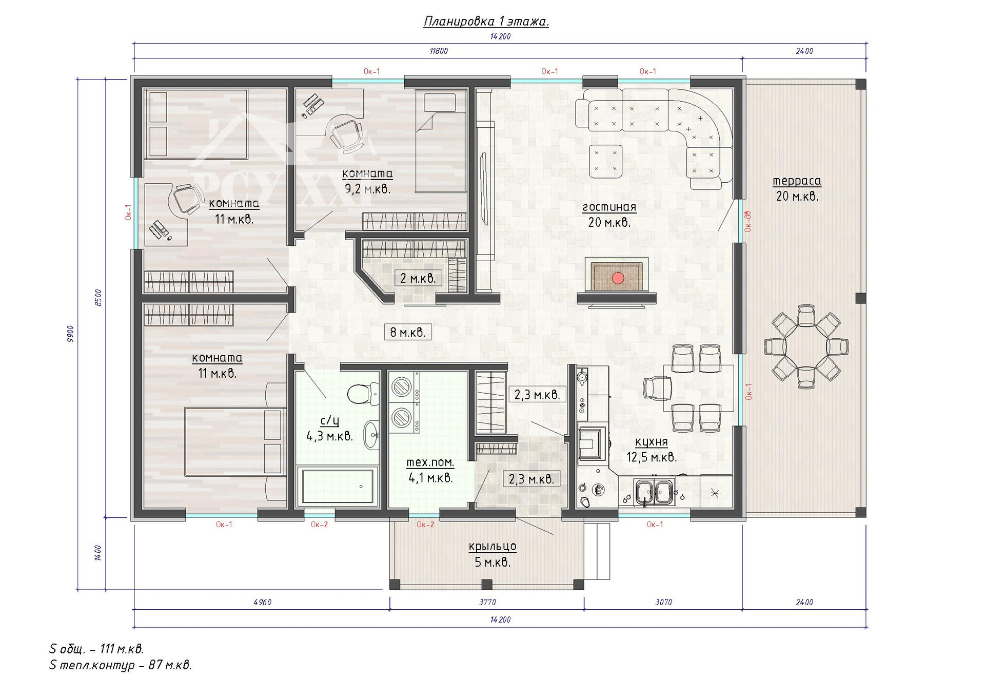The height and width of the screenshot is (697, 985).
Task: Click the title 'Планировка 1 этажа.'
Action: [486, 21]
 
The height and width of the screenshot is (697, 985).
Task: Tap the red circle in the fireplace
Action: [618, 278]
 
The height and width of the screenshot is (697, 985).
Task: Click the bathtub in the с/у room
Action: [338, 486]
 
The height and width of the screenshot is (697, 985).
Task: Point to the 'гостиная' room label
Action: [609, 207]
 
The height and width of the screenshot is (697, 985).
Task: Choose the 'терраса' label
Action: [797, 181]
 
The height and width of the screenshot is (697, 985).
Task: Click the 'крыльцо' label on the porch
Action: [493, 547]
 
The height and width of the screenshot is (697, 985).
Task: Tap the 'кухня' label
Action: [651, 442]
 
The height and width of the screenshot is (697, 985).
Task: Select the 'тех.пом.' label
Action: [430, 462]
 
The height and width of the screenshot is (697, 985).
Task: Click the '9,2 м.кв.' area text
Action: [367, 189]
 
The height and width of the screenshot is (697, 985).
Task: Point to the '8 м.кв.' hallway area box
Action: [408, 332]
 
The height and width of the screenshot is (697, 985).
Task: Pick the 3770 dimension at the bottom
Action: [487, 602]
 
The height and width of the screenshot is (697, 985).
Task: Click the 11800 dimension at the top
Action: [439, 51]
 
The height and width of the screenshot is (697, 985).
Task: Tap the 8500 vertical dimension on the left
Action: [98, 298]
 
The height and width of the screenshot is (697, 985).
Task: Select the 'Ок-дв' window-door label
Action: [748, 221]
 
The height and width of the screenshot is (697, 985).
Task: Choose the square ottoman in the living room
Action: [606, 161]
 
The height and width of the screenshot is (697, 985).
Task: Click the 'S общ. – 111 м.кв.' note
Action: [96, 649]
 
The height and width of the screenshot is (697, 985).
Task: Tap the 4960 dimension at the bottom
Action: [262, 602]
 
